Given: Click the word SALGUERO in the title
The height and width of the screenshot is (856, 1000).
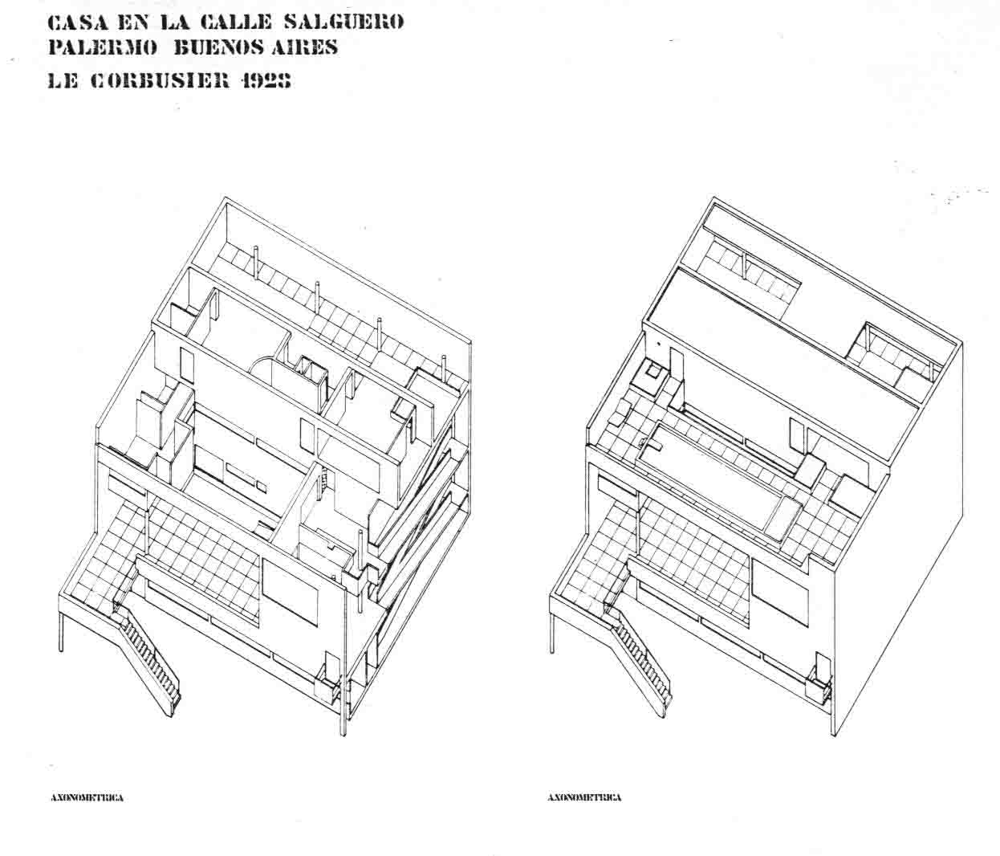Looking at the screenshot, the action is [x=343, y=22].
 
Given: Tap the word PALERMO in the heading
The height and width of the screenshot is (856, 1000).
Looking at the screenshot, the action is [x=103, y=47].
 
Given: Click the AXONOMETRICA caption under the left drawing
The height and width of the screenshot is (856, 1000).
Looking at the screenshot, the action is [x=87, y=798].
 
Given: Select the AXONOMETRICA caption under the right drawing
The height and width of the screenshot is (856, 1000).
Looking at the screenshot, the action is [x=584, y=798].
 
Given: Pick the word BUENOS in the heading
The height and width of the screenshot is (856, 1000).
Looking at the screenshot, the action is [x=209, y=47].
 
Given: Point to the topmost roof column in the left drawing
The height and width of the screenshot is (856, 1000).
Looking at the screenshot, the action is [x=255, y=262].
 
